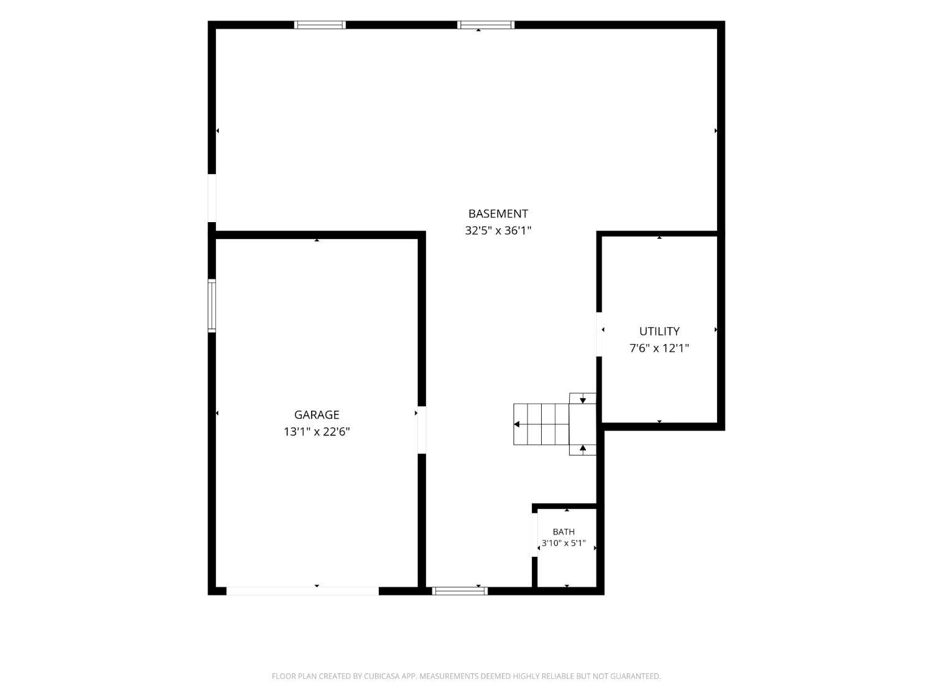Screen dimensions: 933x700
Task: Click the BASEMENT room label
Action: tap(498, 213)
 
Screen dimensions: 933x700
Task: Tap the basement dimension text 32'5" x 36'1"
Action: tap(498, 230)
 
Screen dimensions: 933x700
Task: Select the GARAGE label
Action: tap(317, 414)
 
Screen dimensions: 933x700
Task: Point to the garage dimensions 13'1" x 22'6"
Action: tap(317, 432)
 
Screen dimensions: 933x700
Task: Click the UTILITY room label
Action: tap(659, 331)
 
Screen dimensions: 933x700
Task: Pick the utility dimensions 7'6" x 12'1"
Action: tap(659, 348)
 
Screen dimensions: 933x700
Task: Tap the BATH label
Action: tap(564, 532)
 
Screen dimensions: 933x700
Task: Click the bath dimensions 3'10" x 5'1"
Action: tap(564, 543)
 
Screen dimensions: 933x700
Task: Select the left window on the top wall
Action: tap(320, 25)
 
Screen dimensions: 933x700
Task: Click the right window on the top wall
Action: tap(485, 25)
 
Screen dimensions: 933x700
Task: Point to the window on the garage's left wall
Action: tap(211, 306)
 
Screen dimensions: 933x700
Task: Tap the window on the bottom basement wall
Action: tap(460, 590)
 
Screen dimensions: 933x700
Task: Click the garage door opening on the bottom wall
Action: tap(302, 590)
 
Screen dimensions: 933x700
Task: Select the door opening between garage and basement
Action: tap(422, 430)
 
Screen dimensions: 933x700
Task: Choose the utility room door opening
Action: tap(599, 335)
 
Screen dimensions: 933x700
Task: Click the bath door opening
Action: tap(534, 535)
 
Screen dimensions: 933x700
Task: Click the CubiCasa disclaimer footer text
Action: tap(466, 676)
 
